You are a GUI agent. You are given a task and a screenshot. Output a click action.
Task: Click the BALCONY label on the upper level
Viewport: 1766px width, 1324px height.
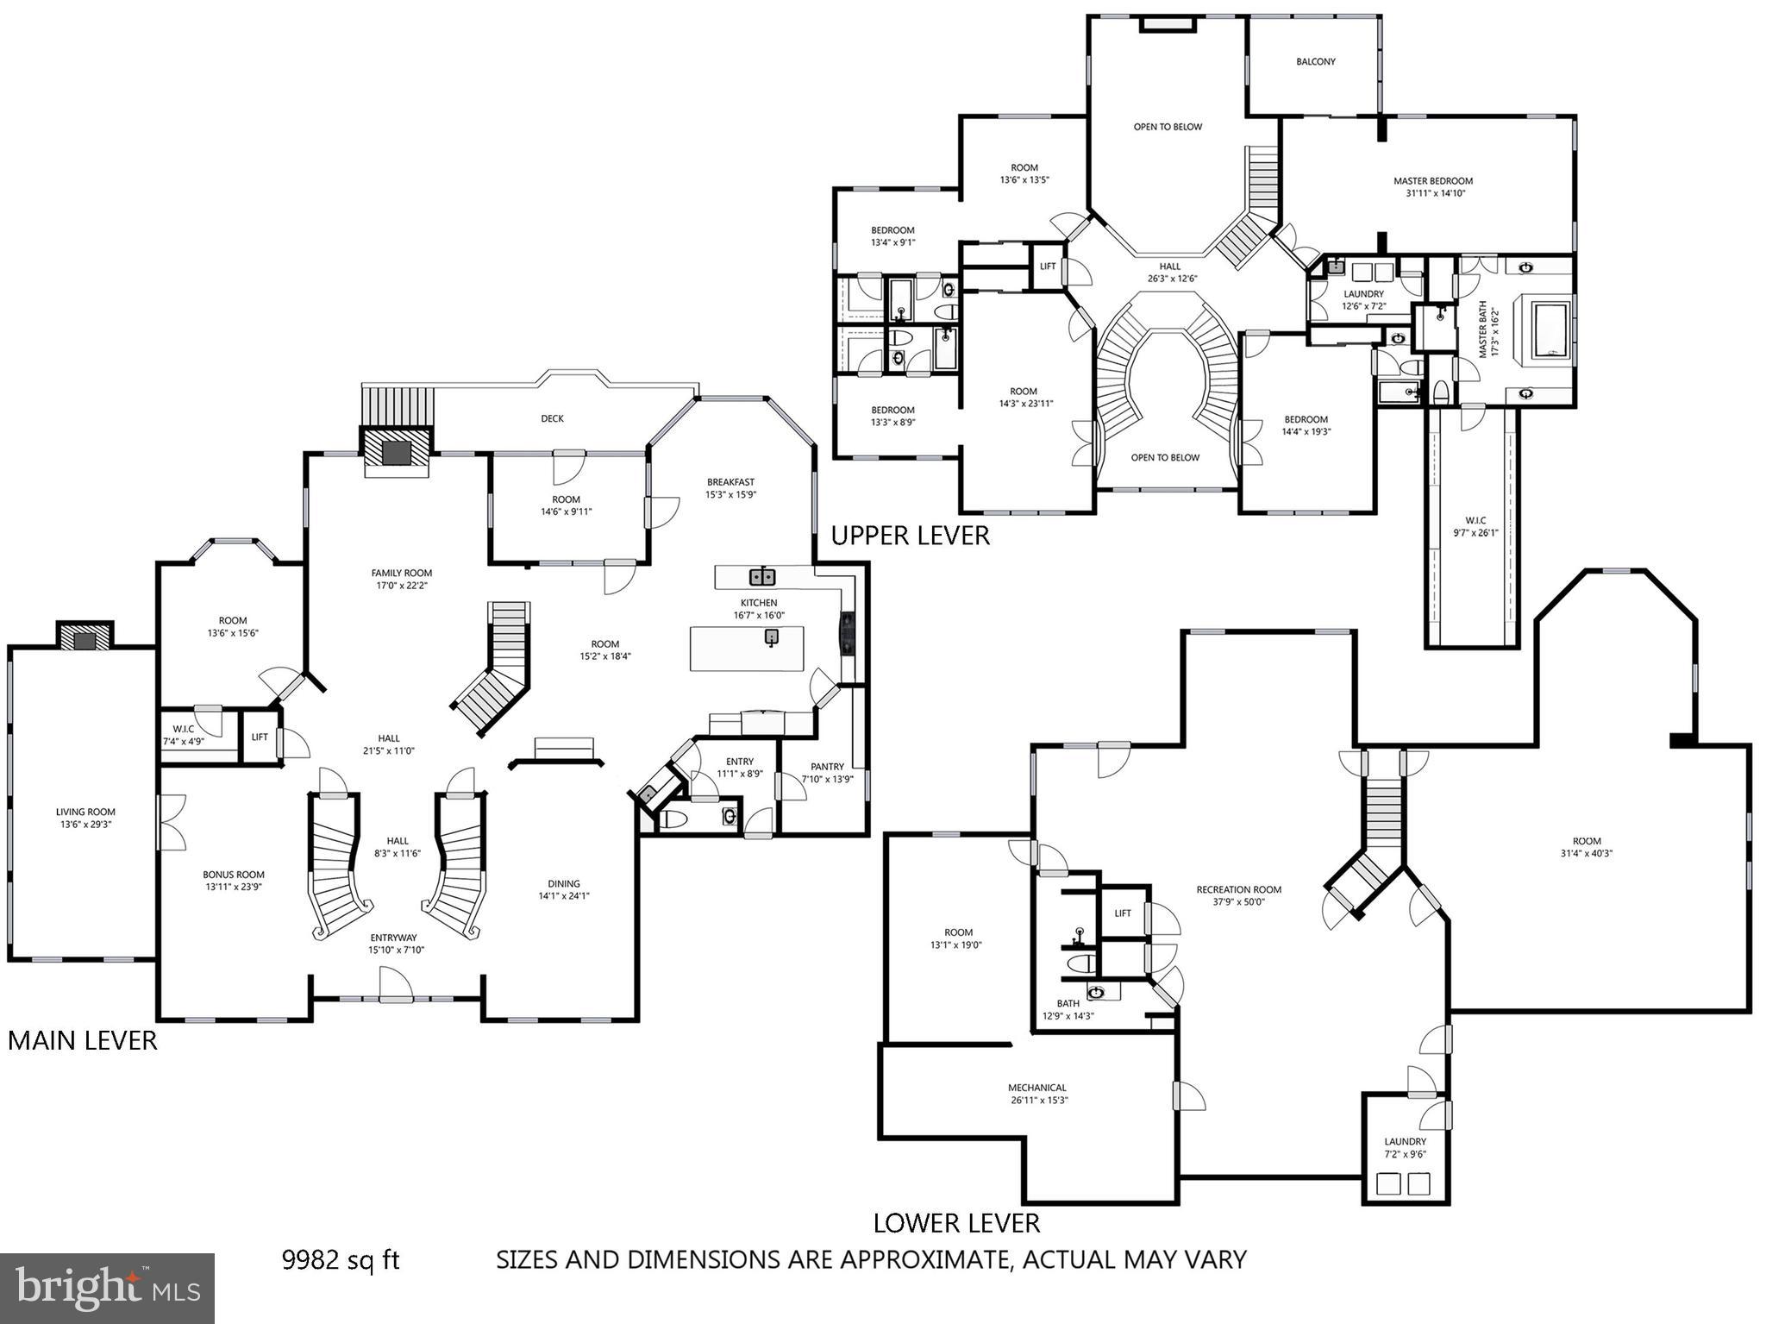[1315, 62]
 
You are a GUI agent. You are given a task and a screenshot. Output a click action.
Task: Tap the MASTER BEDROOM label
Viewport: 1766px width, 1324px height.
[1432, 181]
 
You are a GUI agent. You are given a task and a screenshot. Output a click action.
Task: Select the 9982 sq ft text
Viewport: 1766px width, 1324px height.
[341, 1260]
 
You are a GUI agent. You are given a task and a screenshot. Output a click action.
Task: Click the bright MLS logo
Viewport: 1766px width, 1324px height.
[107, 1288]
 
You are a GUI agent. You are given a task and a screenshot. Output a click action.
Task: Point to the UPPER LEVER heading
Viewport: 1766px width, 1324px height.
[910, 536]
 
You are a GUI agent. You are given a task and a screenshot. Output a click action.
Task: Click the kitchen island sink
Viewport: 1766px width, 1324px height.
[772, 637]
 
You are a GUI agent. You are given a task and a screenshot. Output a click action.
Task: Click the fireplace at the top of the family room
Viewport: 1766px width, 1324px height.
[397, 451]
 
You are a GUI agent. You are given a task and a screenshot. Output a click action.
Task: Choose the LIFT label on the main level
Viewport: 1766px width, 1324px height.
[260, 737]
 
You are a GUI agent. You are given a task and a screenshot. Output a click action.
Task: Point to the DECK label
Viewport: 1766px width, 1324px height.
[552, 418]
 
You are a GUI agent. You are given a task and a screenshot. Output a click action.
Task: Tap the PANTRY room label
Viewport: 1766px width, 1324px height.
[827, 767]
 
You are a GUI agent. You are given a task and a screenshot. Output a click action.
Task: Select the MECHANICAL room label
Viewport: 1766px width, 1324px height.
[1037, 1088]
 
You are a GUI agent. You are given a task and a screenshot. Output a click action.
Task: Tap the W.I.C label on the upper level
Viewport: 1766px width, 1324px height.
[1475, 520]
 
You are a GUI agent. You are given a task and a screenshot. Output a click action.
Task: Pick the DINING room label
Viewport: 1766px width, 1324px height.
[563, 883]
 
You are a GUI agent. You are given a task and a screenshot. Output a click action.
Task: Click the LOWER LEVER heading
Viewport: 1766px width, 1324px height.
[956, 1222]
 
